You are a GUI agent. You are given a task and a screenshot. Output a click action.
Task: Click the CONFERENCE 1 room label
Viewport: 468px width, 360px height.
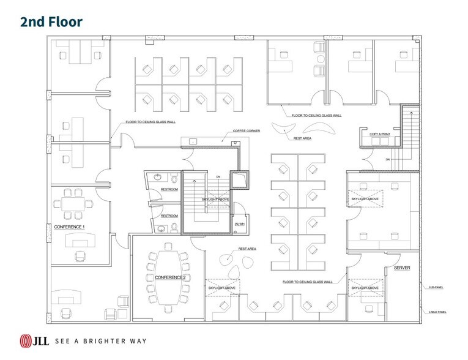pyautogui.click(x=70, y=227)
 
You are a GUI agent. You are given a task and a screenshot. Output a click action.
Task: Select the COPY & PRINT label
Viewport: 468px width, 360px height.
pyautogui.click(x=380, y=133)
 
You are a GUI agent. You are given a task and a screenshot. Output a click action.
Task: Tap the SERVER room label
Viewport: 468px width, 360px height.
pyautogui.click(x=402, y=268)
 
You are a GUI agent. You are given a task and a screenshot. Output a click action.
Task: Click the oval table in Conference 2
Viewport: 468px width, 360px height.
pyautogui.click(x=166, y=279)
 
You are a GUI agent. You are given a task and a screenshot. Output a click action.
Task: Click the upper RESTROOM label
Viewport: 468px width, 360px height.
pyautogui.click(x=169, y=189)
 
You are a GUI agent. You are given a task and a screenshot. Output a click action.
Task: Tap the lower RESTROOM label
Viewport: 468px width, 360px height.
pyautogui.click(x=169, y=216)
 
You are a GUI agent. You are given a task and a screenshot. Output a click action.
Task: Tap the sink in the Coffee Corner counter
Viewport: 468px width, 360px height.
pyautogui.click(x=193, y=141)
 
